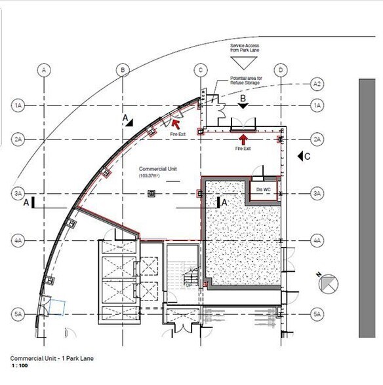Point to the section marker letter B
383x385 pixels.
(x=243, y=99)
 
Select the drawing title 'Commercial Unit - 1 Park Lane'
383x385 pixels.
(x=49, y=358)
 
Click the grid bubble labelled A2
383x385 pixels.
(x=317, y=84)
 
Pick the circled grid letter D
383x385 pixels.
(x=280, y=69)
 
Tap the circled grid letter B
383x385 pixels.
(x=122, y=69)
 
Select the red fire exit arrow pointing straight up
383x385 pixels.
(x=243, y=139)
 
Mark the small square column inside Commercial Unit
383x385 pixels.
(x=151, y=194)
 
